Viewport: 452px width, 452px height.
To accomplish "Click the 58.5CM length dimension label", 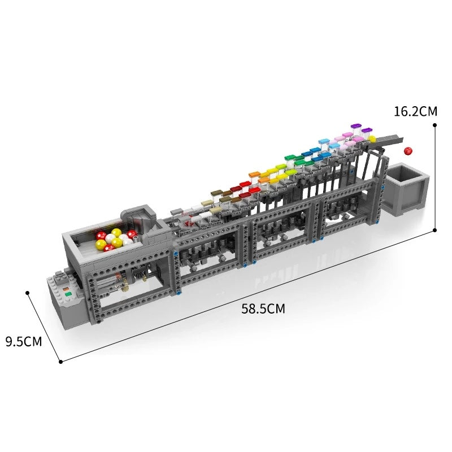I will tap(263, 309).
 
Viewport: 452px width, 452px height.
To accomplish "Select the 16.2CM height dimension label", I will tap(415, 111).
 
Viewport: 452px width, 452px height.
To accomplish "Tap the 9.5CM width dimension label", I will tap(23, 341).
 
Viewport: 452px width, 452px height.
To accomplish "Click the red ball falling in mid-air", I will tap(407, 151).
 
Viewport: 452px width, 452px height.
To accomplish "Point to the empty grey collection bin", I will tap(406, 189).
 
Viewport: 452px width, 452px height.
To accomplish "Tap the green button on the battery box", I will tap(68, 293).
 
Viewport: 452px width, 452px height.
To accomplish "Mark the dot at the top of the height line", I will tap(434, 124).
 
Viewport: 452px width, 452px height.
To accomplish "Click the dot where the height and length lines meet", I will tap(434, 229).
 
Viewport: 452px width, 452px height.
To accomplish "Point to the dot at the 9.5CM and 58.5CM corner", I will tap(60, 361).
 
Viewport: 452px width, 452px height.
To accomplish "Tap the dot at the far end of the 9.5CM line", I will tap(27, 293).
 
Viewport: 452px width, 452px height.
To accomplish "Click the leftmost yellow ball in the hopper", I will tap(101, 244).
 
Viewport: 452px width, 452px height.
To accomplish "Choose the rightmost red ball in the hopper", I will tap(132, 234).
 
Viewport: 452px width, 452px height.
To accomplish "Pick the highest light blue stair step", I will tap(324, 141).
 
